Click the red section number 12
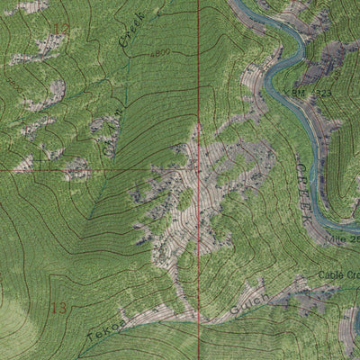pyautogui.click(x=60, y=29)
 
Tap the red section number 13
pyautogui.click(x=59, y=308)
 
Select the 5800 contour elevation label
pyautogui.click(x=14, y=84)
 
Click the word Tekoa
pyautogui.click(x=104, y=330)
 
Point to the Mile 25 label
pyautogui.click(x=342, y=239)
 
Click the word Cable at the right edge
pyautogui.click(x=338, y=275)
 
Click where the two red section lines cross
pyautogui.click(x=198, y=169)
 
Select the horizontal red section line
pyautogui.click(x=90, y=169)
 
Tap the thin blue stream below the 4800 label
pyautogui.click(x=126, y=81)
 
